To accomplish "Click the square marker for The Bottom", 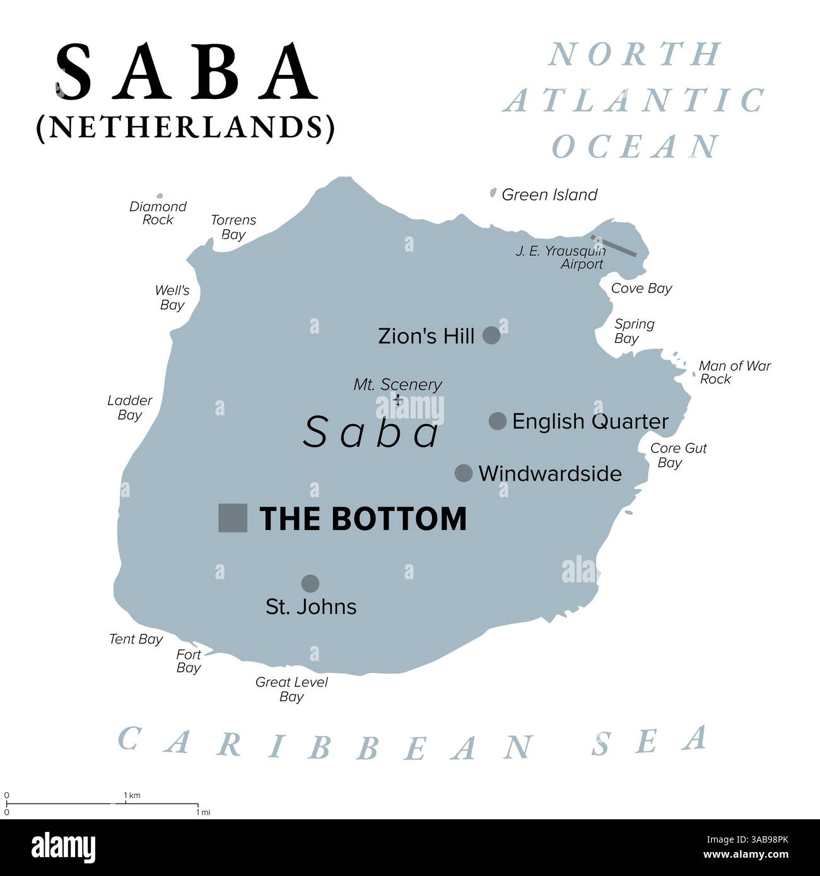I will coord(232,518).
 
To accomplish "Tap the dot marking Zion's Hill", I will coord(491,335).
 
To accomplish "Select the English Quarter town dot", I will coord(498,421).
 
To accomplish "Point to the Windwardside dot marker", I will coord(464,473).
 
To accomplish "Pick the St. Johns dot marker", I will coord(310,583).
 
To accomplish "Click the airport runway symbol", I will coord(613,246).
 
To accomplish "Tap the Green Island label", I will coord(549,195).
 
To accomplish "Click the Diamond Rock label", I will coord(158,213).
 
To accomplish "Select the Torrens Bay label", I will coord(233,227).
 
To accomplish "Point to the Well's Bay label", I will coord(172,297).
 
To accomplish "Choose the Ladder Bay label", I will coord(130,407).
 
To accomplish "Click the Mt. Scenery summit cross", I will coord(398,400).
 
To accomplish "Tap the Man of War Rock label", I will coord(734,372).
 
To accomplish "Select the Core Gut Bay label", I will coord(678,455).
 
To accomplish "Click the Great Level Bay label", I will coord(291,689).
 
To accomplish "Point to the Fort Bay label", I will coord(189,661).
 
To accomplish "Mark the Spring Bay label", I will coord(634,331).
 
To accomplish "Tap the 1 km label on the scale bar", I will coord(132,795).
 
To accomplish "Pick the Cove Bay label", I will coord(641,288).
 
